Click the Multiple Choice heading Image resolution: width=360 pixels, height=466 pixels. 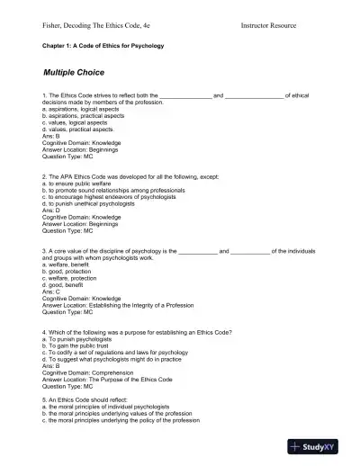(x=74, y=71)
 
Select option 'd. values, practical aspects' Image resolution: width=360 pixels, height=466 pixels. (x=84, y=128)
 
